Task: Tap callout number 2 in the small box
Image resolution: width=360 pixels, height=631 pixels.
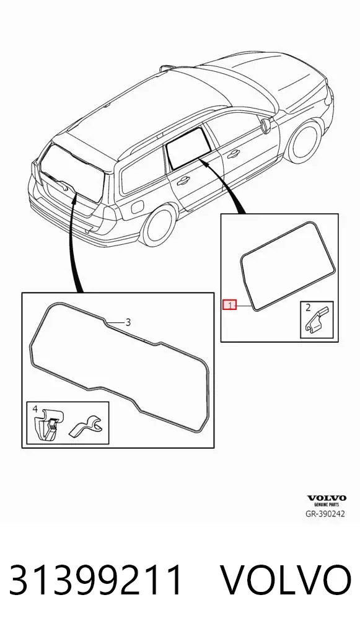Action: pyautogui.click(x=308, y=308)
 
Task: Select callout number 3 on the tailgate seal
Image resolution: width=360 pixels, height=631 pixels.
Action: pyautogui.click(x=128, y=322)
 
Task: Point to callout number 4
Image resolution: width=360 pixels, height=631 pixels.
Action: pyautogui.click(x=35, y=409)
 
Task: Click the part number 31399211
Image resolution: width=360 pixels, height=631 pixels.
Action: pyautogui.click(x=97, y=580)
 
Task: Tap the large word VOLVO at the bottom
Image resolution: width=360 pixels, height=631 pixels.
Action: pyautogui.click(x=287, y=580)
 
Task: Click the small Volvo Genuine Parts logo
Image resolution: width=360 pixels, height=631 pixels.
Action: pyautogui.click(x=327, y=501)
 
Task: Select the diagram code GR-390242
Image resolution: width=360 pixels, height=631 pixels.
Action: pyautogui.click(x=326, y=514)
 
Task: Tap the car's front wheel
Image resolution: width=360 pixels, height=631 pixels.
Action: pyautogui.click(x=305, y=141)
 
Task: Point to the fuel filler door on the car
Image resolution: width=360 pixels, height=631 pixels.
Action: pyautogui.click(x=138, y=207)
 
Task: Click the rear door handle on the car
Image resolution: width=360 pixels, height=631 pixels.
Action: pyautogui.click(x=183, y=181)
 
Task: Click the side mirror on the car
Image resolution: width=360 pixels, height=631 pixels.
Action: pyautogui.click(x=266, y=125)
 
